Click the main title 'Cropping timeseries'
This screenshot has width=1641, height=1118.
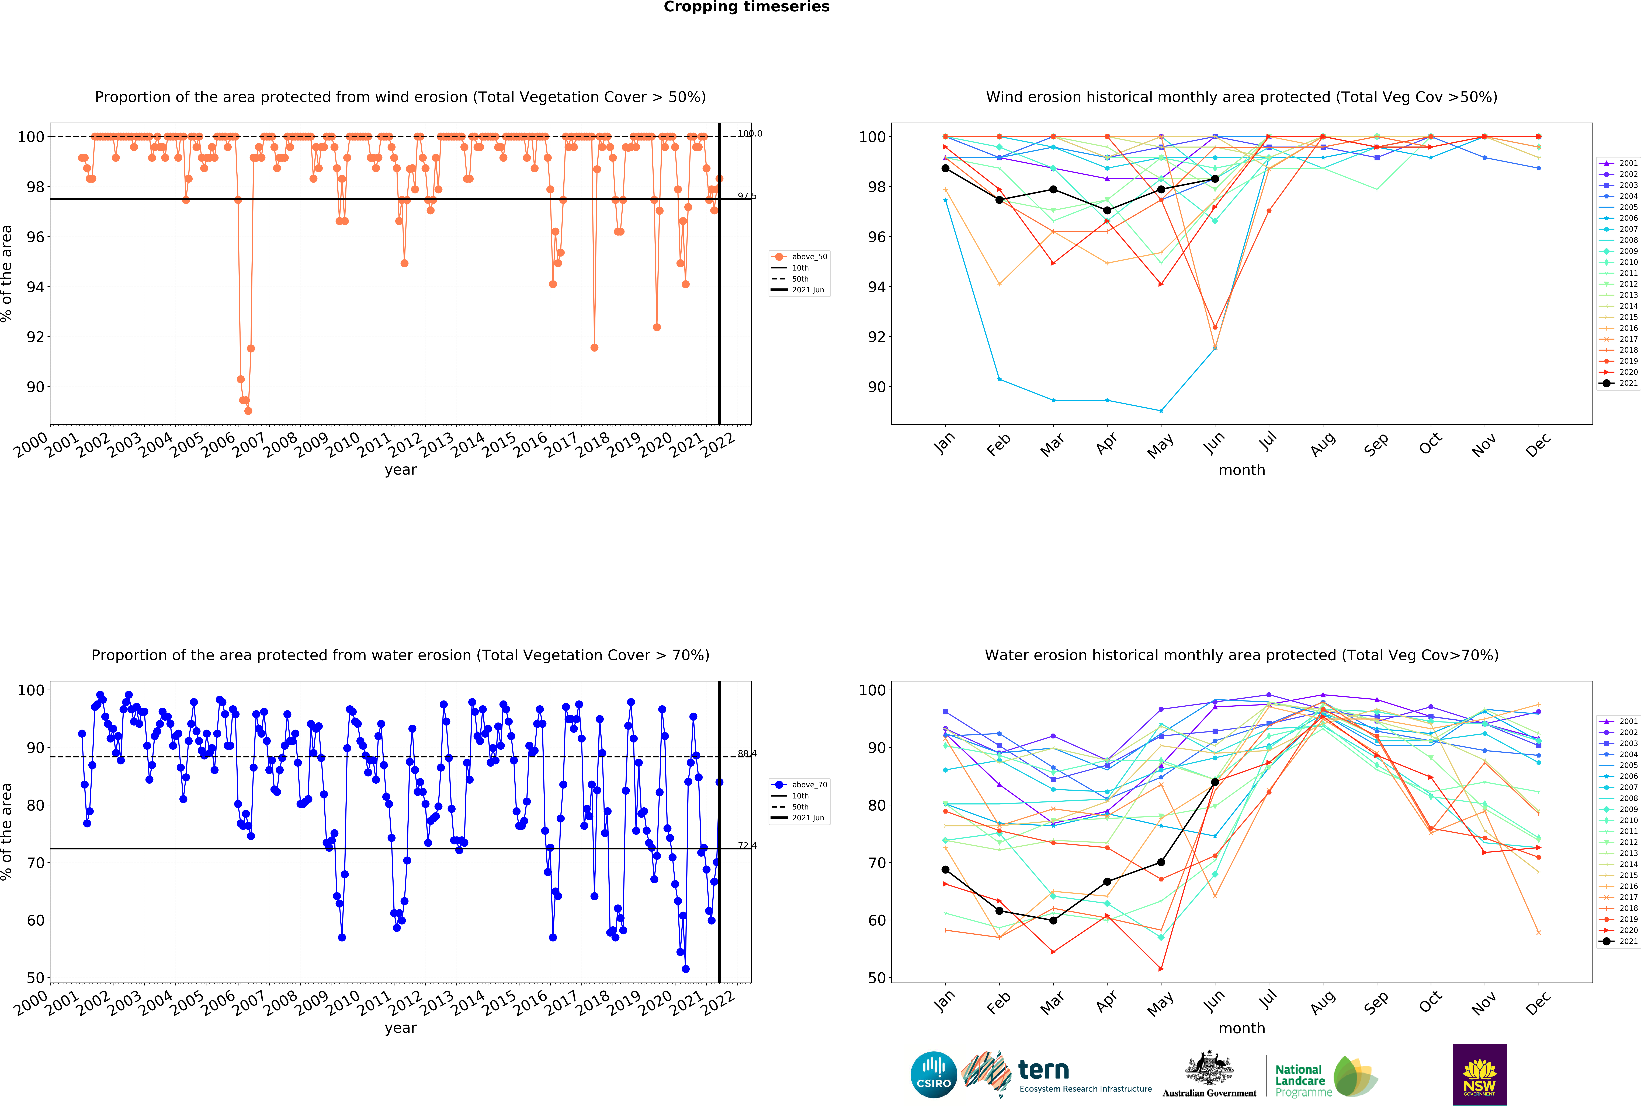pyautogui.click(x=746, y=7)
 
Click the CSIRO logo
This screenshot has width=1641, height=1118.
pyautogui.click(x=934, y=1075)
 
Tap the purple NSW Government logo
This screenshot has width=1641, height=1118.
pyautogui.click(x=1479, y=1074)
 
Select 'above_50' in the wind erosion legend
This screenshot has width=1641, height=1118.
pyautogui.click(x=809, y=257)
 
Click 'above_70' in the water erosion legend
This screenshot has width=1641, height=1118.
pyautogui.click(x=809, y=785)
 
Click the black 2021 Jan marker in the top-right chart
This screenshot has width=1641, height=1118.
pyautogui.click(x=945, y=168)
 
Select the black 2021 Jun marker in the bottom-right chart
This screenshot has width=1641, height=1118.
pyautogui.click(x=1215, y=782)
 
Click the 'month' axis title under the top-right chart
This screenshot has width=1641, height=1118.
pyautogui.click(x=1241, y=470)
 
